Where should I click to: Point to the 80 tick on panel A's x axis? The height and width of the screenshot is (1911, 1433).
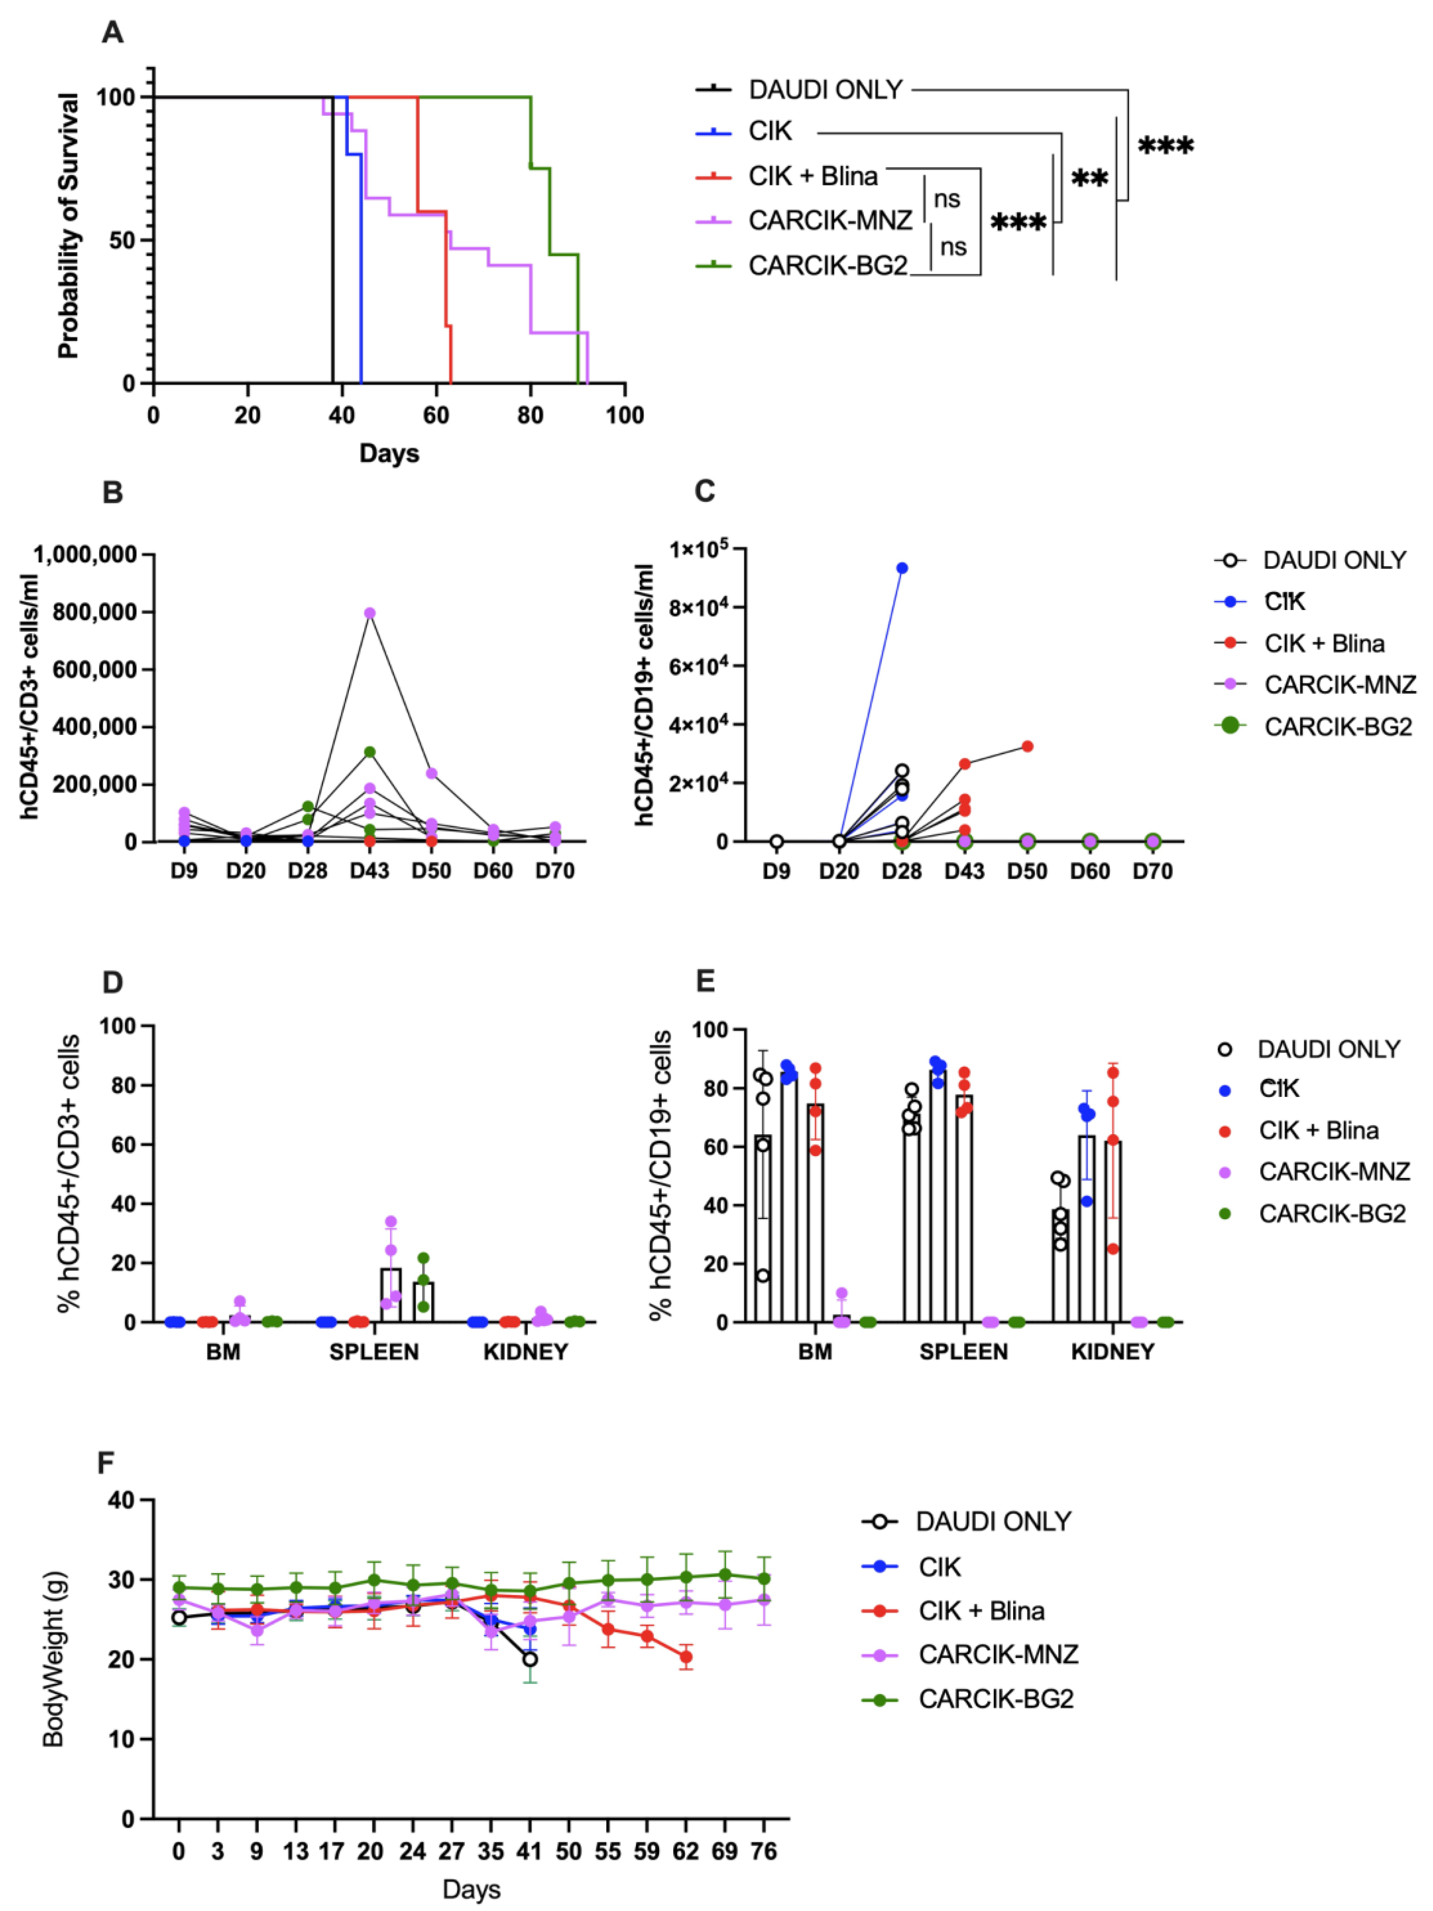point(531,415)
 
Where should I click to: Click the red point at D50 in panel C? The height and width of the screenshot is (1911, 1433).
point(1027,746)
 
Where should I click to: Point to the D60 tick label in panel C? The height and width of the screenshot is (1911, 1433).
point(1089,872)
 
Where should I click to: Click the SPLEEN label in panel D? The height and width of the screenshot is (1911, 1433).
point(374,1352)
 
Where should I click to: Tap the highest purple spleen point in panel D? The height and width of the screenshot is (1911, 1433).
point(390,1222)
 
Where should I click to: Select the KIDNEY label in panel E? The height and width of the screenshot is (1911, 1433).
point(1112,1352)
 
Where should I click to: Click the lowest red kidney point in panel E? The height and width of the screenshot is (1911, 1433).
point(1112,1248)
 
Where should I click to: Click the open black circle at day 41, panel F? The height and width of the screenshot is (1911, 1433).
point(530,1660)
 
